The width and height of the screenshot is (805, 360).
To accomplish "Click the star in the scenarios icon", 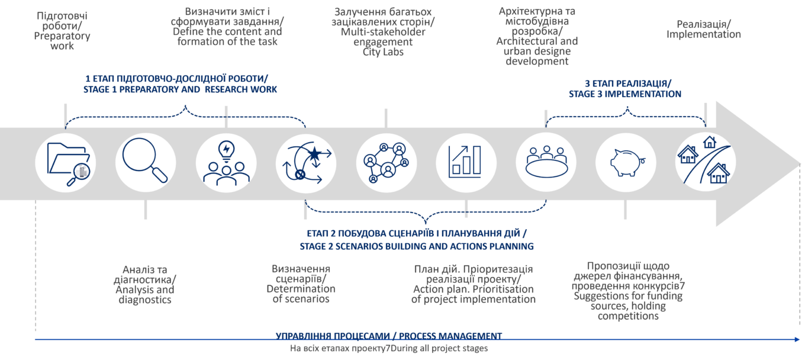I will tap(314, 155).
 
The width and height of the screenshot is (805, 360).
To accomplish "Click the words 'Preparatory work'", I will tap(63, 40).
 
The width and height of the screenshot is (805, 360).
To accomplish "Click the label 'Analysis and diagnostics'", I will tap(145, 295).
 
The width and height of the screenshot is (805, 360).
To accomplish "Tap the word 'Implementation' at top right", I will tap(704, 34).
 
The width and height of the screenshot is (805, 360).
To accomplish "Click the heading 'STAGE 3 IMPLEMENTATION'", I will tap(625, 94).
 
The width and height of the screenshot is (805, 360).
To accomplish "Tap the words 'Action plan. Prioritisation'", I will tap(474, 289).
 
